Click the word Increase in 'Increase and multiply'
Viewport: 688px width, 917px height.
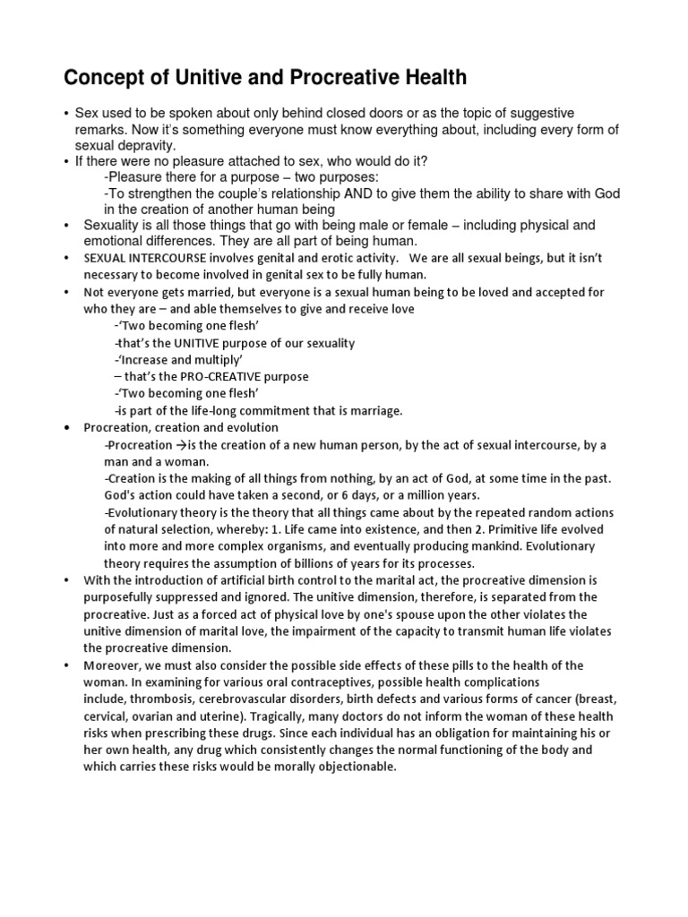tap(145, 360)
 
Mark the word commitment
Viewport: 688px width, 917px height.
tap(292, 410)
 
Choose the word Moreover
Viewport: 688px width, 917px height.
tap(113, 665)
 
